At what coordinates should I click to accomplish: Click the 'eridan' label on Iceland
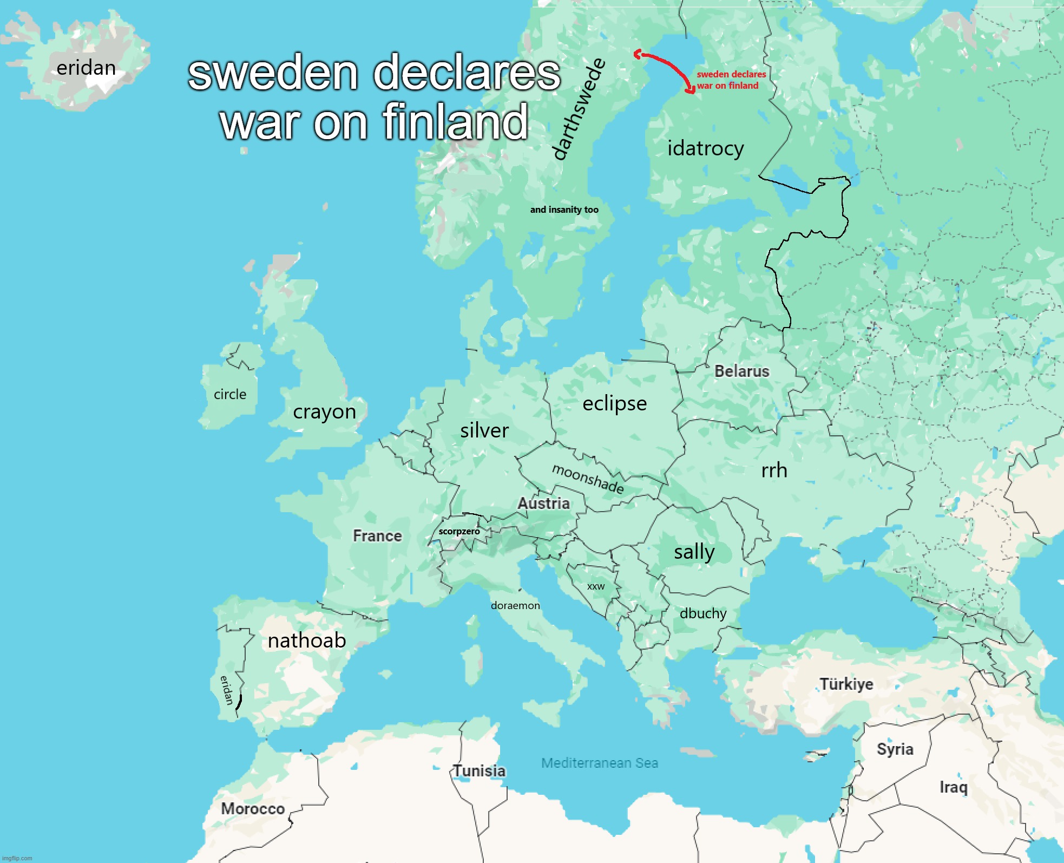point(86,68)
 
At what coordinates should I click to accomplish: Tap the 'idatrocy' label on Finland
point(705,148)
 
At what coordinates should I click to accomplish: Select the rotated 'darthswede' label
point(578,110)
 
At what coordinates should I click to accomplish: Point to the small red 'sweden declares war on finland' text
point(731,80)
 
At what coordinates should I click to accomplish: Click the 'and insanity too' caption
point(564,210)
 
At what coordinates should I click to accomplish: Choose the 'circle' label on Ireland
point(230,395)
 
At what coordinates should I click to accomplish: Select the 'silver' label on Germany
point(484,431)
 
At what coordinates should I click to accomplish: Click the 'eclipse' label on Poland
point(614,404)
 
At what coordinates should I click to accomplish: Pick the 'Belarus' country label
point(741,371)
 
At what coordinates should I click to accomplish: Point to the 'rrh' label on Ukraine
point(774,470)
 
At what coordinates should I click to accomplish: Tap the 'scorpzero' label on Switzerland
point(459,532)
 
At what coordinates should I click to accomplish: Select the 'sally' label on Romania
point(694,552)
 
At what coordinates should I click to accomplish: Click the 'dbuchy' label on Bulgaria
point(702,613)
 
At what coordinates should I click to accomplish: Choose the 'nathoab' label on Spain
point(307,641)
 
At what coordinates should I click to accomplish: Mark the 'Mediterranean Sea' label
point(600,763)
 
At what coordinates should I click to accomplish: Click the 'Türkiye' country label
point(846,684)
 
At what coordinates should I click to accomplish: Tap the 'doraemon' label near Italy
point(515,606)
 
